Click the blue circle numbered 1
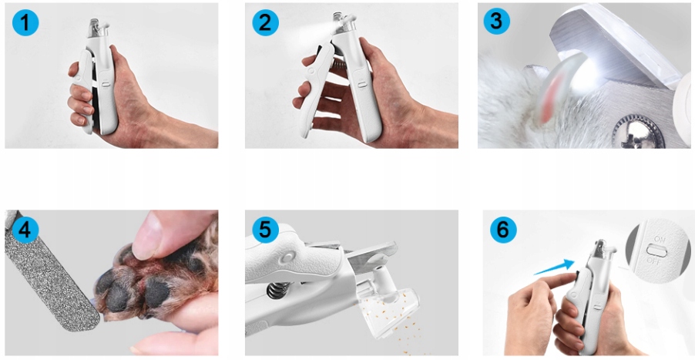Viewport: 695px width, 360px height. pos(25,22)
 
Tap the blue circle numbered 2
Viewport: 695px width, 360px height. pos(266,22)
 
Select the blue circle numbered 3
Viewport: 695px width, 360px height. pos(496,22)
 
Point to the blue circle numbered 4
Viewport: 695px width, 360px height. pos(25,230)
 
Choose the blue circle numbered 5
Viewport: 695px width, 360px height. pos(266,230)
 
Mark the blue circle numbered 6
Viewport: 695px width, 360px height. pos(503,230)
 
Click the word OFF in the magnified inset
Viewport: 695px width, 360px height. pos(654,261)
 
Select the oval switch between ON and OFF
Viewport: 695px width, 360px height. pos(657,251)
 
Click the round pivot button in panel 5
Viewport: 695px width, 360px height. pos(288,257)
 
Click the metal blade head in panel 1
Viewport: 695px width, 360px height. pos(95,28)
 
